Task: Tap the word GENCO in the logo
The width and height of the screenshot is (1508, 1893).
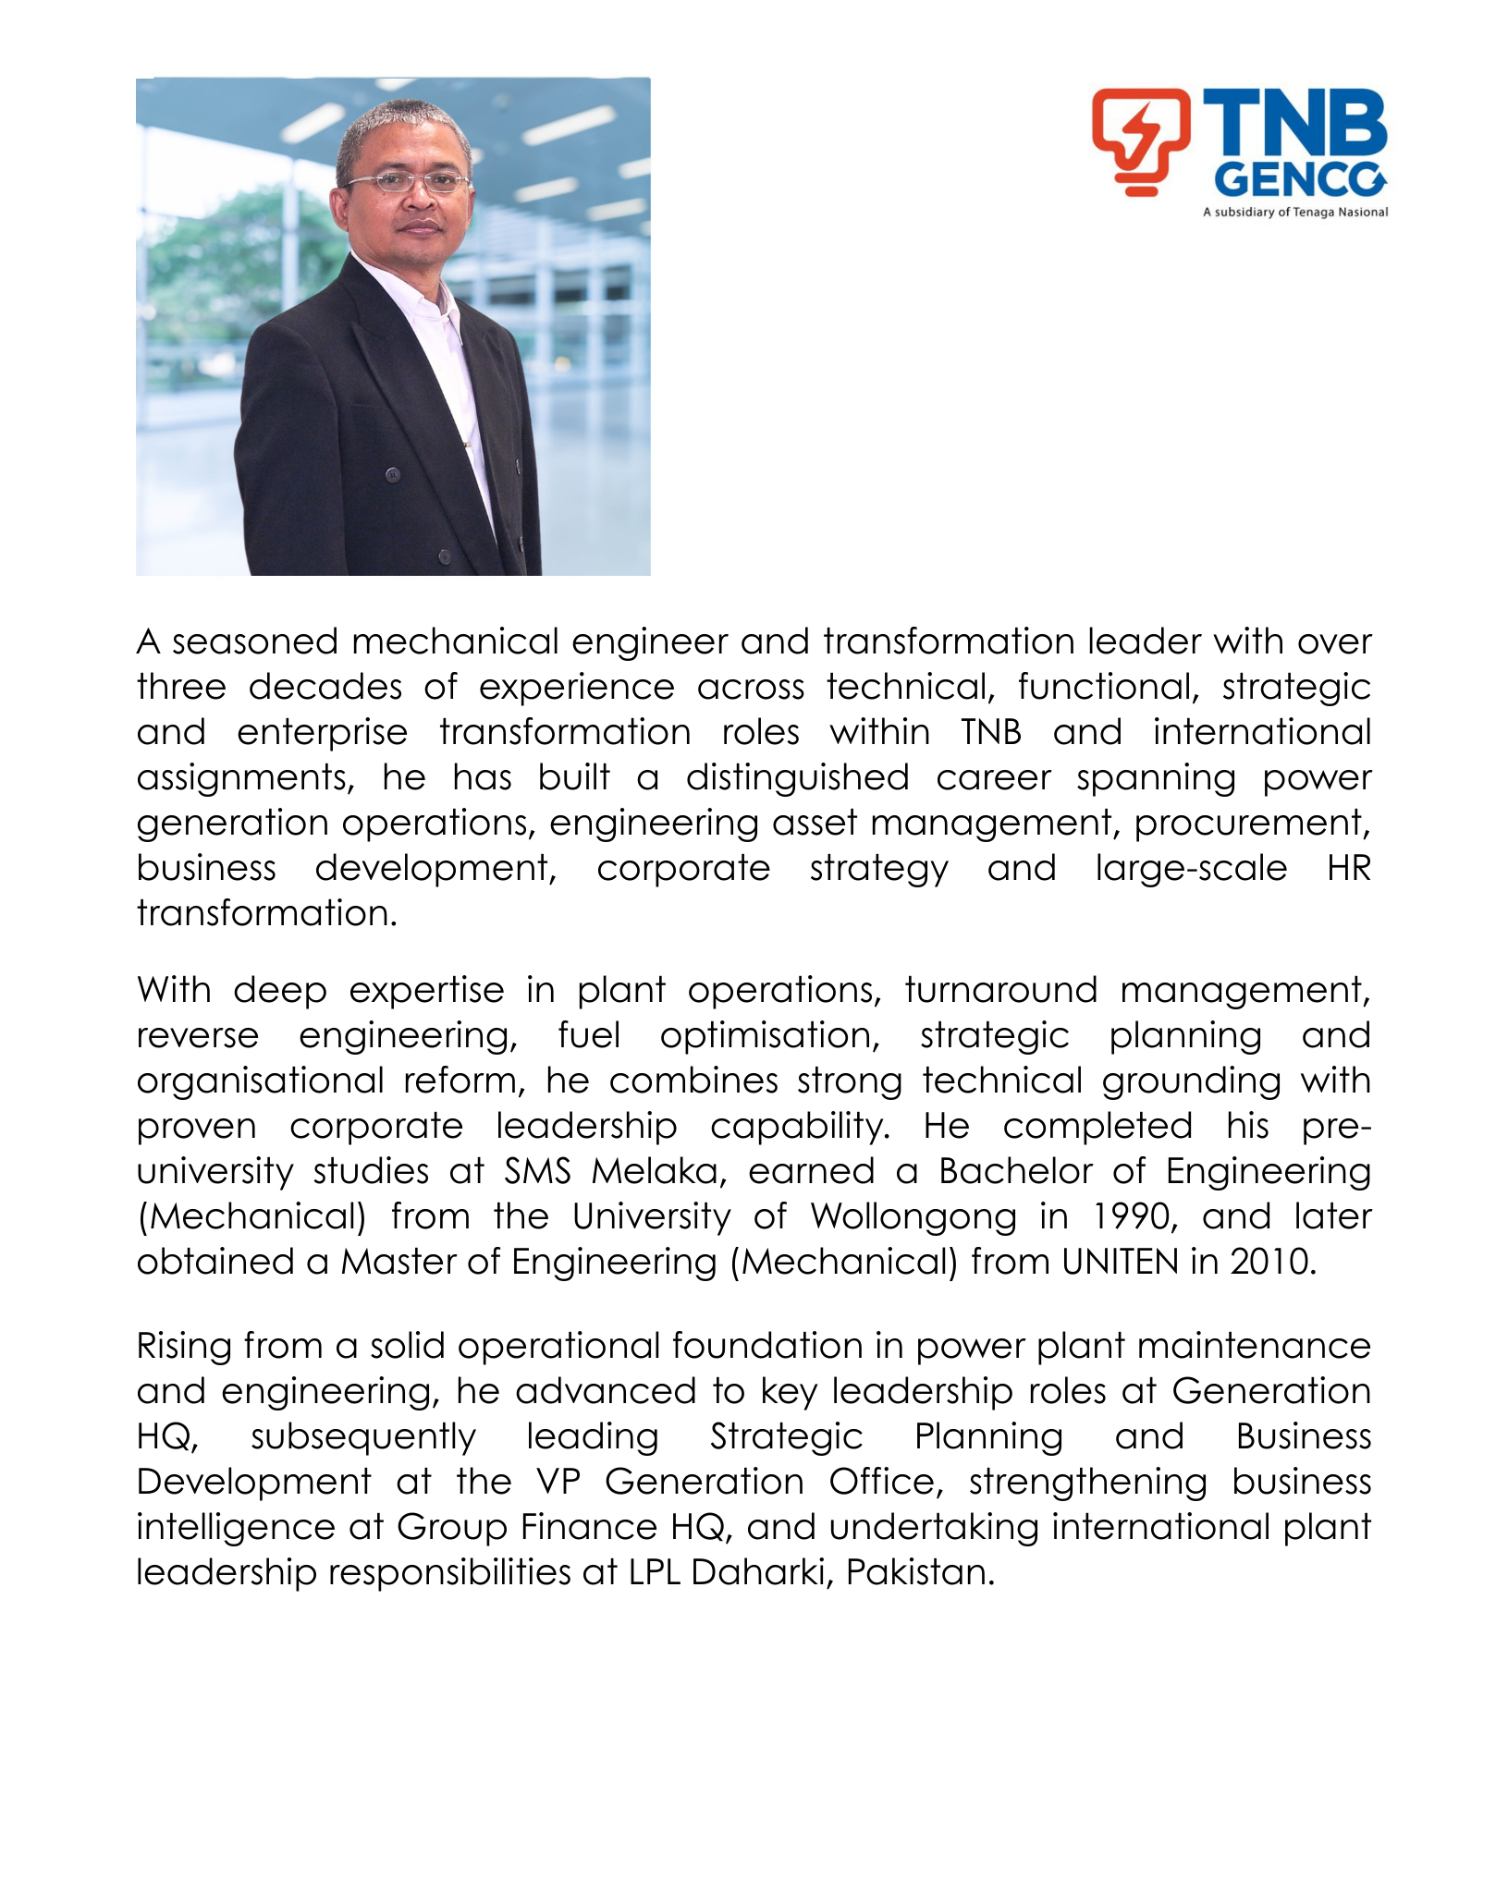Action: (x=1299, y=180)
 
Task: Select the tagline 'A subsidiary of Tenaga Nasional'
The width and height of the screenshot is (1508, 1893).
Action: (x=1294, y=213)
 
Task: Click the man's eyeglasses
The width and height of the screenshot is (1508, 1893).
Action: (x=407, y=182)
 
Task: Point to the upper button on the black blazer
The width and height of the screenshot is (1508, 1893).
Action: (x=392, y=475)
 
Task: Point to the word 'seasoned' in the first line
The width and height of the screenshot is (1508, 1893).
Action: (x=253, y=641)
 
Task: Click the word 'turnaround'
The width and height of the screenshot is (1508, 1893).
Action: (x=1001, y=990)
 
